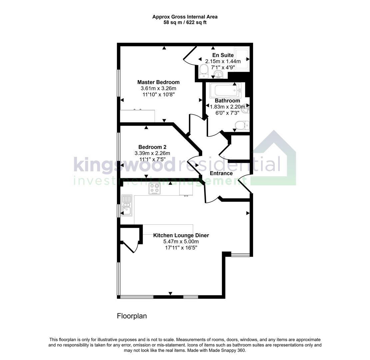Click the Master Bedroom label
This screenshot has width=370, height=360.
158,82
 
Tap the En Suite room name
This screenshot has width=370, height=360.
223,55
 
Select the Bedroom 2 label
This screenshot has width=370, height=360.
152,147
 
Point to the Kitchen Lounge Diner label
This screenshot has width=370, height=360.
181,235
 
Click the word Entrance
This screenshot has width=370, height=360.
221,173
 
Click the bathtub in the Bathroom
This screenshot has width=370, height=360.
225,90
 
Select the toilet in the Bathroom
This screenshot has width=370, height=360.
240,125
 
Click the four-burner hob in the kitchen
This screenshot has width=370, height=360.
155,188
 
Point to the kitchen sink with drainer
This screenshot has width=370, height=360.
127,205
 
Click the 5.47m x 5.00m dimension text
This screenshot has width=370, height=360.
181,242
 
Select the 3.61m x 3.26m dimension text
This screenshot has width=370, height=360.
158,88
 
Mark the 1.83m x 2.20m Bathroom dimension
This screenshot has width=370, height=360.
227,107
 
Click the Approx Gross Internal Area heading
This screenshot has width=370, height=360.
185,17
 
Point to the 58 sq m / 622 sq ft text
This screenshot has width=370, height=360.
185,23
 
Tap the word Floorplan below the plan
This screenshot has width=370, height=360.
132,316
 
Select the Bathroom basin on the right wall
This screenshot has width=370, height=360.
246,109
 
